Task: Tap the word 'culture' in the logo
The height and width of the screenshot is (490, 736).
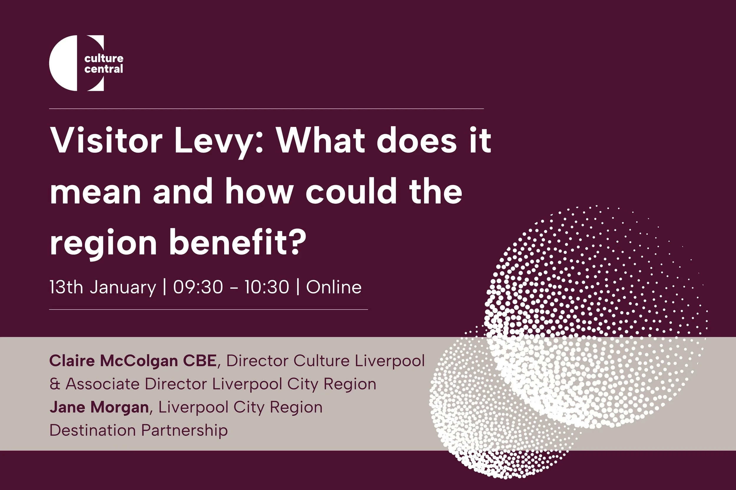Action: pos(104,58)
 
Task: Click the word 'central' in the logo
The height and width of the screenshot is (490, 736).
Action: pos(104,69)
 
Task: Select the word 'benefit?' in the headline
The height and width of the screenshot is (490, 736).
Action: pos(238,243)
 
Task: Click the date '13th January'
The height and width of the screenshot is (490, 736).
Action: pos(102,287)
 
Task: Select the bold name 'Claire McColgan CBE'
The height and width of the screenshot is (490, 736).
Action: pos(133,361)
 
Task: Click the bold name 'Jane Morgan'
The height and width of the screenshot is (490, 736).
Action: pos(99,407)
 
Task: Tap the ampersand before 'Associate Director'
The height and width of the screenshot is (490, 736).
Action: pos(55,384)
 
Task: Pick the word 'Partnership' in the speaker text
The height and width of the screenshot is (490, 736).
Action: pos(184,431)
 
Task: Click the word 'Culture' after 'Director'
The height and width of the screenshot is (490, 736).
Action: pos(321,361)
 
